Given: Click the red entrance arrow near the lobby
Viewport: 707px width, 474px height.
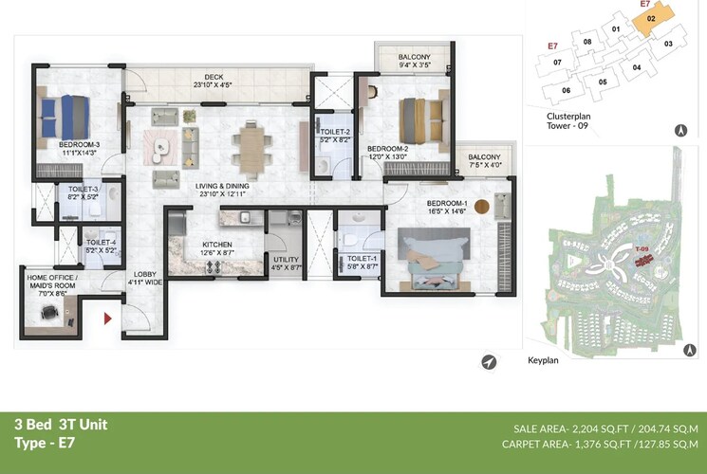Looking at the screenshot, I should pos(109,319).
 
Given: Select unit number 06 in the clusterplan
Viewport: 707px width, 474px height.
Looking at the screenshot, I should pos(567,90).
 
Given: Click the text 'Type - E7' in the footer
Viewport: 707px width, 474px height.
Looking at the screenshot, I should pos(45,443).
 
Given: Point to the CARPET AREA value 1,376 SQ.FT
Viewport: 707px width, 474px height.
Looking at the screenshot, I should pos(602,443).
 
